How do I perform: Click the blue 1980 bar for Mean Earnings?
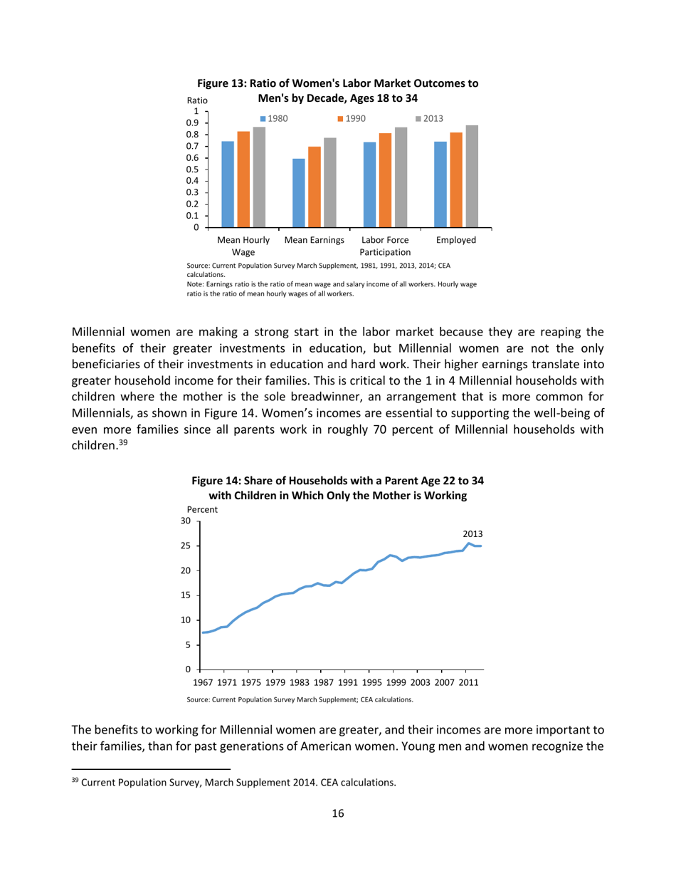[x=298, y=192]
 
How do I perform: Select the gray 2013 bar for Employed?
[x=472, y=176]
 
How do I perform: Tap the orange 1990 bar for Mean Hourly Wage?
[x=243, y=179]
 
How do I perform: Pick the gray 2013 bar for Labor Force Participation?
[x=401, y=177]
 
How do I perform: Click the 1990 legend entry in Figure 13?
[x=351, y=119]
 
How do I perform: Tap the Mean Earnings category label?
[x=314, y=240]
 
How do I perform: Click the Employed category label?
[x=456, y=240]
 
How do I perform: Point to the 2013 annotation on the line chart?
[x=473, y=533]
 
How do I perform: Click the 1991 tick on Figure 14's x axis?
[x=344, y=683]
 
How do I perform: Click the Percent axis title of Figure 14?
[x=202, y=509]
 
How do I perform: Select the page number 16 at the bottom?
[x=338, y=814]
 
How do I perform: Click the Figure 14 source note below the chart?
[x=300, y=700]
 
